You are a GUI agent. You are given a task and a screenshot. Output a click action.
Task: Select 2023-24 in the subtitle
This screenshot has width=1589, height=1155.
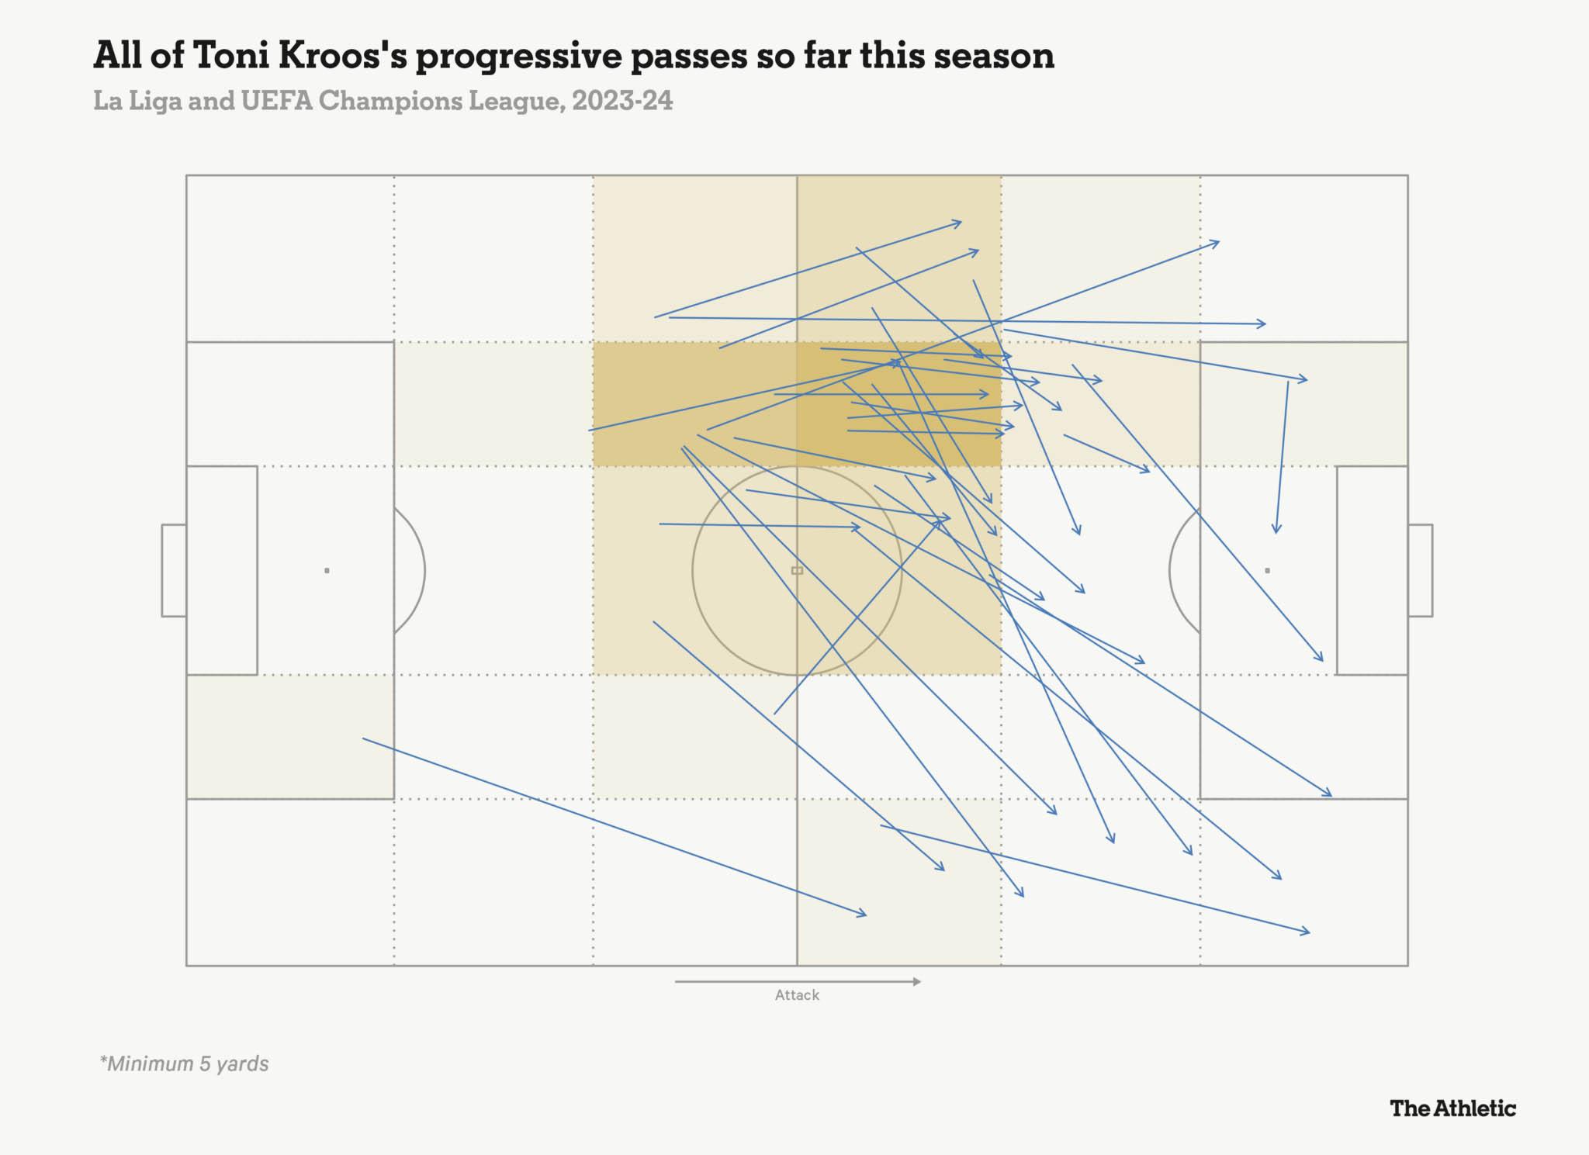[622, 102]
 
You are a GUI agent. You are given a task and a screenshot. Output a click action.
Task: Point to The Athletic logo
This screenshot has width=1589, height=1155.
[1452, 1108]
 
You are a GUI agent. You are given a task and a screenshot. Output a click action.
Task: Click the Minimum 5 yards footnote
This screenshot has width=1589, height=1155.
[184, 1063]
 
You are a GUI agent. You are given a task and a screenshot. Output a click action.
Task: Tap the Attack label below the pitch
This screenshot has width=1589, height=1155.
[797, 995]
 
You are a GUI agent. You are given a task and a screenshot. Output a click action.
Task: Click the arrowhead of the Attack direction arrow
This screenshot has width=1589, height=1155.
[917, 981]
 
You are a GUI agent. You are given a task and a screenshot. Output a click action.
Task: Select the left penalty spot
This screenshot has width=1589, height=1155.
[327, 571]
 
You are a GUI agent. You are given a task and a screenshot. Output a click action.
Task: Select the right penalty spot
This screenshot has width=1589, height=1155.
[1267, 571]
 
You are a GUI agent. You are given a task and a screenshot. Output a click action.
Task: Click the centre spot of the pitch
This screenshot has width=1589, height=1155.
[797, 571]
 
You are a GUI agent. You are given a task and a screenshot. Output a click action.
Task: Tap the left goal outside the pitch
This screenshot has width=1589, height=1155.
[174, 571]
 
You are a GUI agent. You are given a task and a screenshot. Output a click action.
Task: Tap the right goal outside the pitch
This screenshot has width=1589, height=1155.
[1420, 571]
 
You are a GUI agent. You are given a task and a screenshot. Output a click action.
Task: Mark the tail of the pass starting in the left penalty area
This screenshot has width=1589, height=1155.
[364, 739]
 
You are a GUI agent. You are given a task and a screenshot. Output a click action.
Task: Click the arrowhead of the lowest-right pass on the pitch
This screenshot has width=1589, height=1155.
[1308, 932]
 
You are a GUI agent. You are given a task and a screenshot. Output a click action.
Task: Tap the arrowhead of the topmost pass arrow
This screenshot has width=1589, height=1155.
[960, 223]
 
